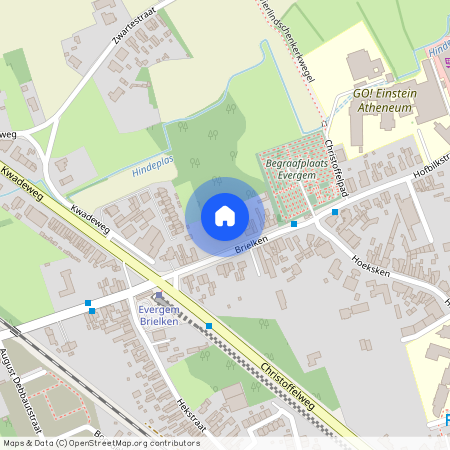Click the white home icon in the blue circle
(x=225, y=216)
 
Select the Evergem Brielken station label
(x=159, y=316)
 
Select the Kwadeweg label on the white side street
(x=92, y=219)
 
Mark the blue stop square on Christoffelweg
(x=209, y=326)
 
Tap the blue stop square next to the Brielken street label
(x=293, y=224)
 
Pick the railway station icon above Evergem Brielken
(x=158, y=295)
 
